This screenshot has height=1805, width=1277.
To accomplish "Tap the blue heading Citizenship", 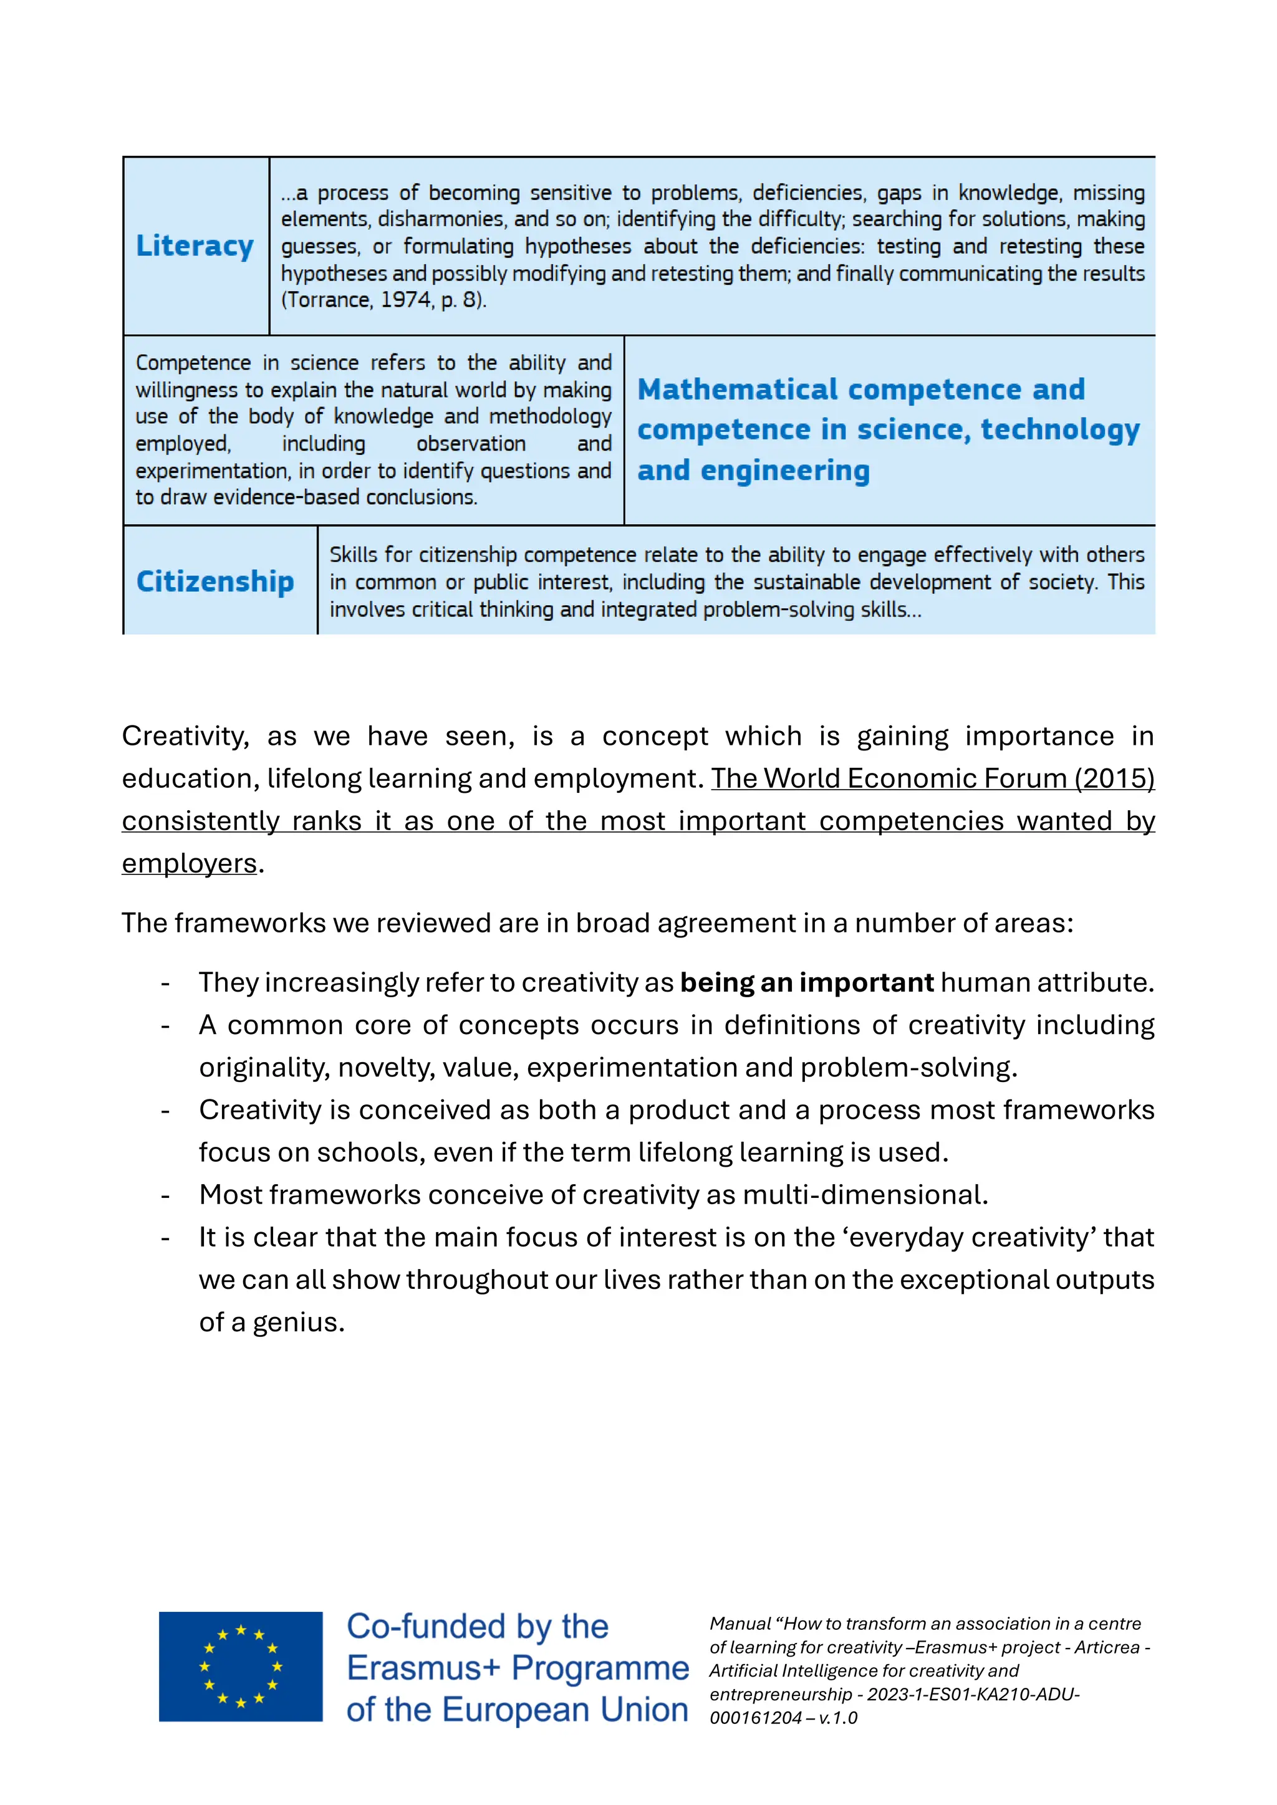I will pyautogui.click(x=214, y=582).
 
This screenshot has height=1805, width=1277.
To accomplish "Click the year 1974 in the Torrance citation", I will pyautogui.click(x=406, y=300).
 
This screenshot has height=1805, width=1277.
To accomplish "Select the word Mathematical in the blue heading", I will pyautogui.click(x=738, y=390).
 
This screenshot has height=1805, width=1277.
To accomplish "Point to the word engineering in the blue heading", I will pyautogui.click(x=785, y=471).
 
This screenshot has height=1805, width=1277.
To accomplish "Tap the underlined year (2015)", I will pyautogui.click(x=1112, y=778).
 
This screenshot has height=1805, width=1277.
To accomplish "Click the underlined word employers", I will pyautogui.click(x=190, y=863).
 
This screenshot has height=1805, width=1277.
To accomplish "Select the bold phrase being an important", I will pyautogui.click(x=806, y=983).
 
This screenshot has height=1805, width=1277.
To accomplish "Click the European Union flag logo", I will pyautogui.click(x=241, y=1667).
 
